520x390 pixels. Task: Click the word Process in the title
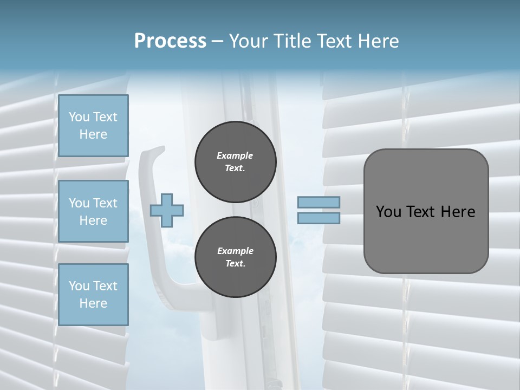[x=170, y=41]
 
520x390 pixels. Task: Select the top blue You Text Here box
[x=93, y=126]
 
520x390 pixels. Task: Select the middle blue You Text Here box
[x=93, y=211]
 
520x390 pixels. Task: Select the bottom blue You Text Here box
[x=93, y=295]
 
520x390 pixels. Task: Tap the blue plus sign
[x=167, y=210]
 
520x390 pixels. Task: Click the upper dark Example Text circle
[x=235, y=161]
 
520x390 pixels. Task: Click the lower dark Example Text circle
[x=235, y=257]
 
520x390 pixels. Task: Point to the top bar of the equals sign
[x=318, y=202]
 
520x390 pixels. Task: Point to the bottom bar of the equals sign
[x=318, y=218]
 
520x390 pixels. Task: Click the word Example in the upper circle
[x=235, y=155]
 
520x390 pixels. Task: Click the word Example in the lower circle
[x=235, y=251]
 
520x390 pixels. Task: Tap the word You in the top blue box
[x=79, y=117]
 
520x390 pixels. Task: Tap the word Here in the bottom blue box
[x=93, y=303]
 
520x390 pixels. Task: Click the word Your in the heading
[x=249, y=41]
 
